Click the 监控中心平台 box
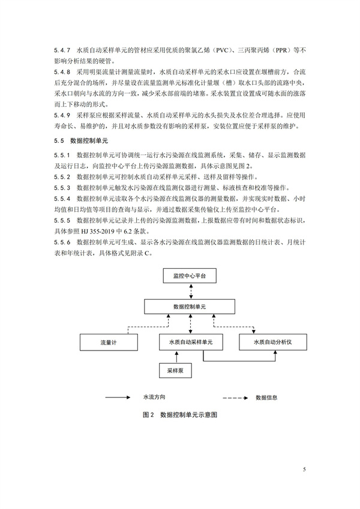[190, 276]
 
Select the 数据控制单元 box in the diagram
[190, 306]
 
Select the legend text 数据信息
[266, 397]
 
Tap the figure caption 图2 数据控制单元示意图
[180, 415]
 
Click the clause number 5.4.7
[62, 50]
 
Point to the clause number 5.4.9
[62, 115]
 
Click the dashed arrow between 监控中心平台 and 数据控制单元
[190, 291]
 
